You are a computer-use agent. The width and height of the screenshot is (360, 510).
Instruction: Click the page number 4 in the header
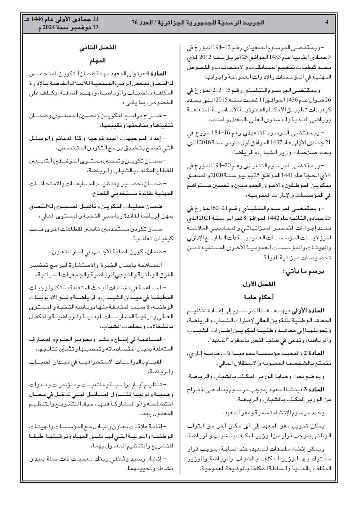pos(327,23)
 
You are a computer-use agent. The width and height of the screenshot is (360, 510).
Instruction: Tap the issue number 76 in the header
pos(135,23)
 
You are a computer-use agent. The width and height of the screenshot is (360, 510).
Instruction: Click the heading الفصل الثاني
pos(97,47)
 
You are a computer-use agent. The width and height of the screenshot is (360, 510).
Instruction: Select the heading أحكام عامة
pos(259,297)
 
